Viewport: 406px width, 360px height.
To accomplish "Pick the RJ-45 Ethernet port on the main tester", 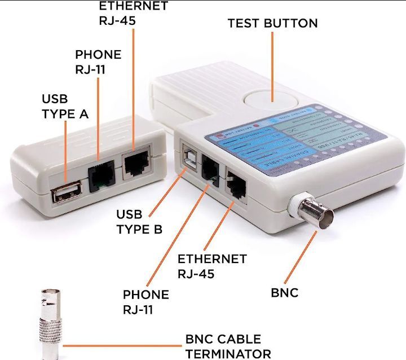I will tap(236, 182).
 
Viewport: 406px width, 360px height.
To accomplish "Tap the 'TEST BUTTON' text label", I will tap(272, 23).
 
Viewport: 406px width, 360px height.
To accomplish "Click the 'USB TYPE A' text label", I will tap(65, 106).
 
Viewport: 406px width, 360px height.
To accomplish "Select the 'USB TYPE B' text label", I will tap(139, 222).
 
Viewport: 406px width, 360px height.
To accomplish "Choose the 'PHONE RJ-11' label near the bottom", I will tap(145, 302).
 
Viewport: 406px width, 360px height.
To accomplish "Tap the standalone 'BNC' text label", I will tap(284, 292).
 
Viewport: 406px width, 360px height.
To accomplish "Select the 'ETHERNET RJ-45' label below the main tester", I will tap(212, 266).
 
